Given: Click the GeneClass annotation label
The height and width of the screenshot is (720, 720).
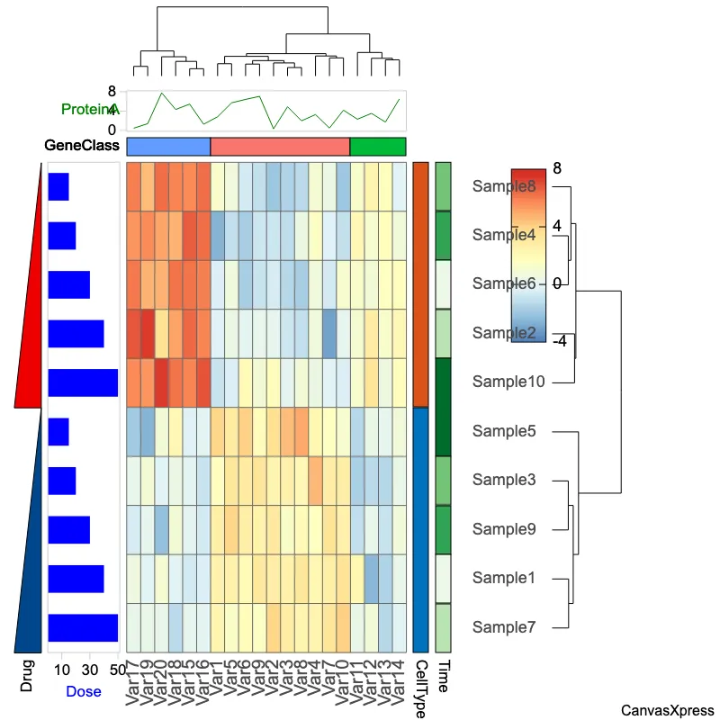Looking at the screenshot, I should point(82,146).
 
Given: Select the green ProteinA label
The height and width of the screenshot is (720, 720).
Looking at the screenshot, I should point(90,109).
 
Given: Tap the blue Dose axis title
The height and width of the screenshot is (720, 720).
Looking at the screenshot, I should point(84,691).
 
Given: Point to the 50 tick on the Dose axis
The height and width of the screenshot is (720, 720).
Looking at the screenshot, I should point(118,670).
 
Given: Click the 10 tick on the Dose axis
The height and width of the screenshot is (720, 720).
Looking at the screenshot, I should point(61,670).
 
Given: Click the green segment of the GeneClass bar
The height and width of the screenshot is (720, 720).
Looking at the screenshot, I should point(378,146).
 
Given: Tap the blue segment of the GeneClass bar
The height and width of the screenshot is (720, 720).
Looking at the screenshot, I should point(168,146).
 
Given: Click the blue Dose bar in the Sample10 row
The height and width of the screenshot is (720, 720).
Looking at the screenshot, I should point(83,382).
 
